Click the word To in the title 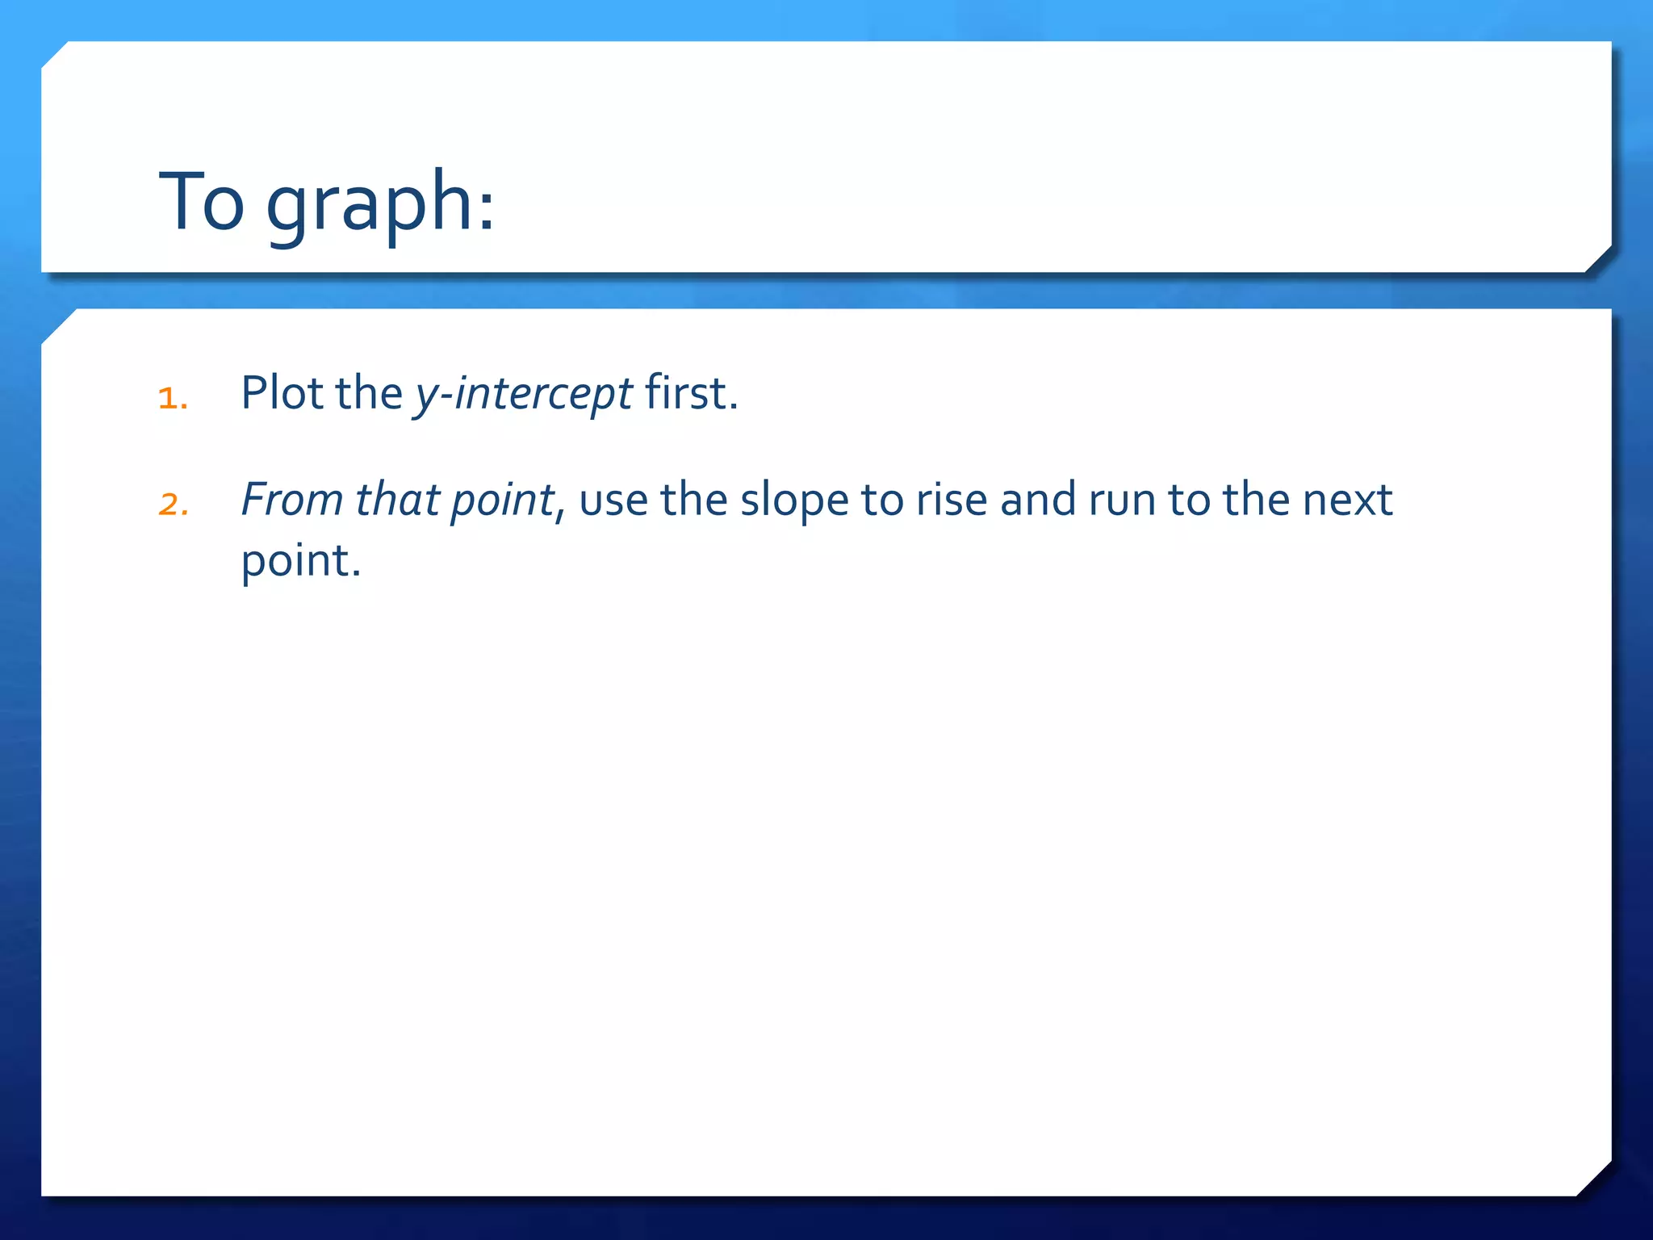202,202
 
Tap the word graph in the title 368,206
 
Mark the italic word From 291,500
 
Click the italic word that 396,500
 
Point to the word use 613,501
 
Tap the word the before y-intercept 369,394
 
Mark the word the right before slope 693,500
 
